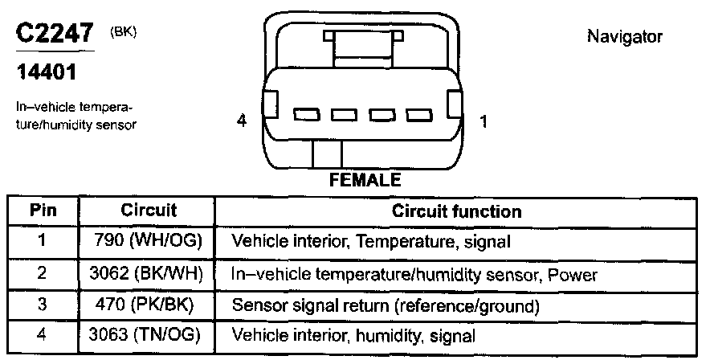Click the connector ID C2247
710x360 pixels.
pyautogui.click(x=54, y=35)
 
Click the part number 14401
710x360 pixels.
pyautogui.click(x=47, y=72)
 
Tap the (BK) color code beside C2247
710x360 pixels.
pyautogui.click(x=123, y=31)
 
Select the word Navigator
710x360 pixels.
pyautogui.click(x=625, y=36)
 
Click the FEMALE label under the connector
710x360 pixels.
pyautogui.click(x=365, y=180)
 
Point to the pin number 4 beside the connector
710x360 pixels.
pyautogui.click(x=241, y=121)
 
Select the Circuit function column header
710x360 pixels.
pyautogui.click(x=456, y=211)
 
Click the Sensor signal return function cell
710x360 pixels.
pyautogui.click(x=385, y=305)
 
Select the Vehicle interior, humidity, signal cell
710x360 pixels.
pyautogui.click(x=353, y=336)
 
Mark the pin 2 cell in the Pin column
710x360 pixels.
pyautogui.click(x=42, y=274)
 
